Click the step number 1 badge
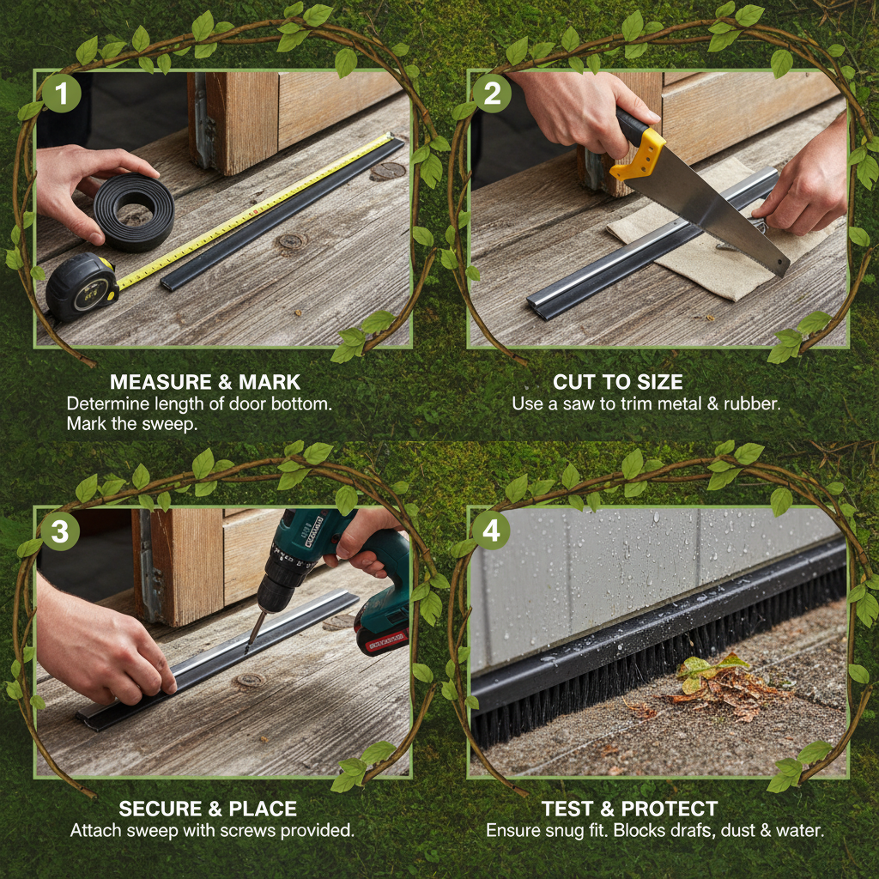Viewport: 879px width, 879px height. (62, 93)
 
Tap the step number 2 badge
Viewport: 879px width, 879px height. (492, 93)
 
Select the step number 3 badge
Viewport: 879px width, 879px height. (60, 530)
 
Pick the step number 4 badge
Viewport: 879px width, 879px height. (491, 530)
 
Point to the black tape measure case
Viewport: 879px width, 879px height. (82, 287)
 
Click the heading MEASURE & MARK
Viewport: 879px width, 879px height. (205, 382)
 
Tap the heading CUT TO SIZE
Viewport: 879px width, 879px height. (618, 382)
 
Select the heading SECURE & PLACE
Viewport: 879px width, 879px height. (208, 809)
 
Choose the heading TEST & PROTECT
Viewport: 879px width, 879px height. (629, 809)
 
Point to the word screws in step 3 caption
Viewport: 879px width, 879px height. (253, 830)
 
